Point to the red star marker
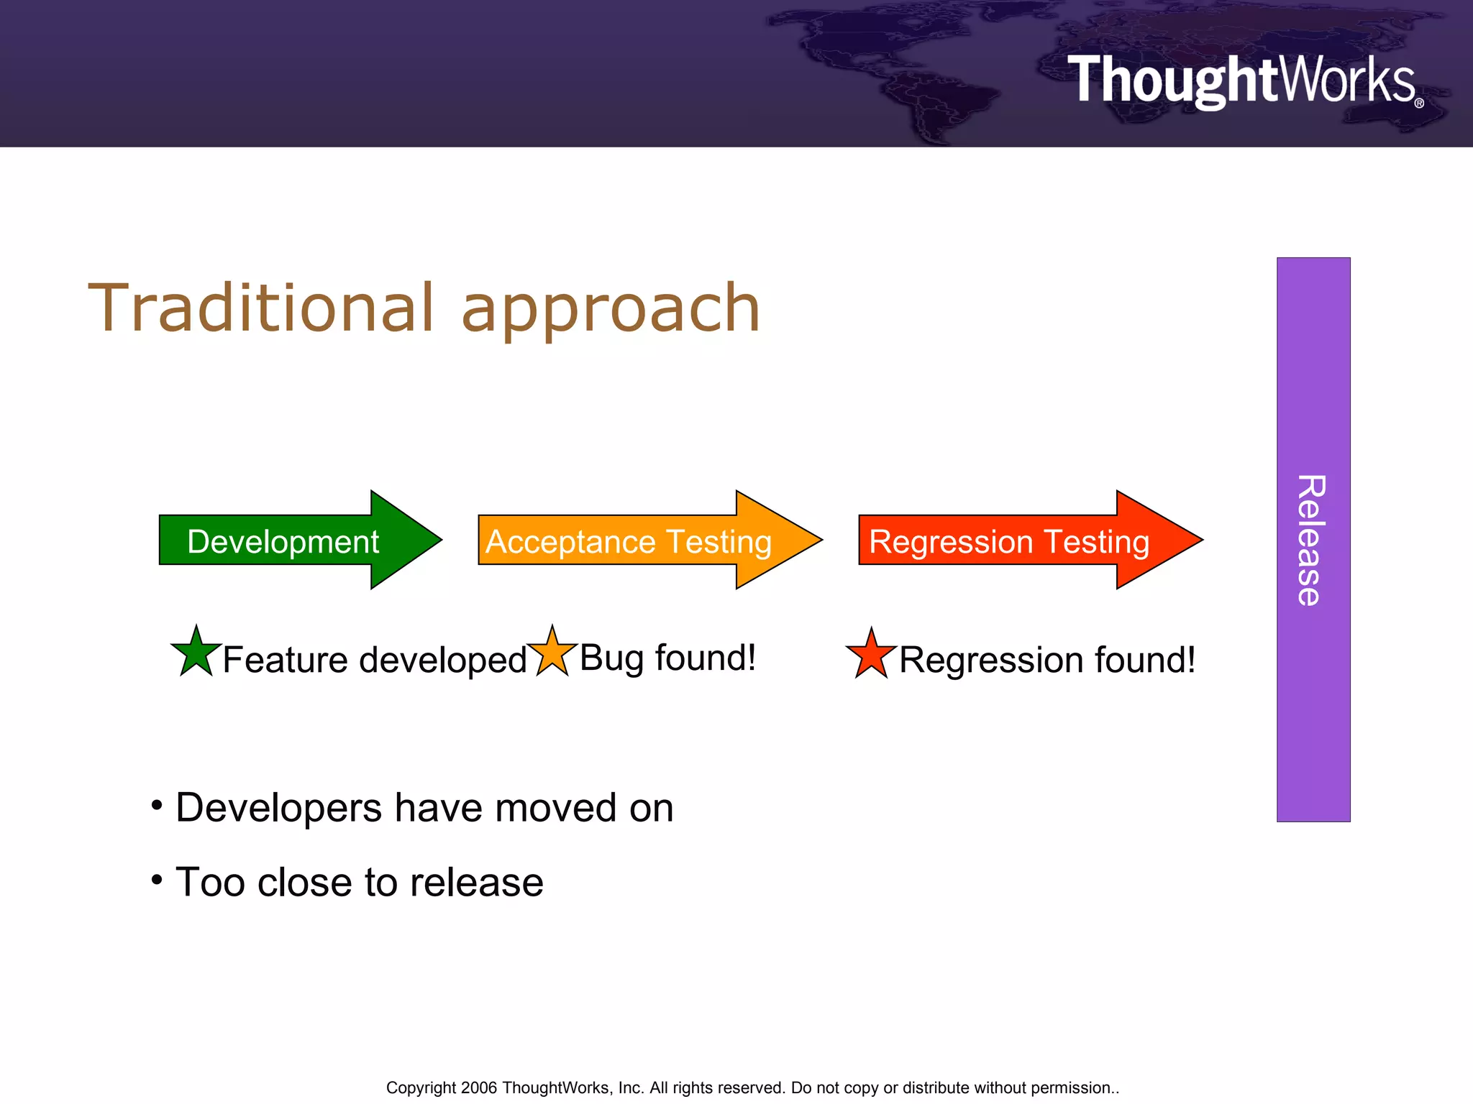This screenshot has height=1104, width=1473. click(871, 655)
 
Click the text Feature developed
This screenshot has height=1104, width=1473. click(375, 660)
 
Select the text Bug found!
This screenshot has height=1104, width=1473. click(667, 658)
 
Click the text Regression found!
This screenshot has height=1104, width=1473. click(1046, 660)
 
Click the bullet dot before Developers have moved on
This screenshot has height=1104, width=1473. click(157, 805)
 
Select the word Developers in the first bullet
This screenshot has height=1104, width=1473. click(278, 808)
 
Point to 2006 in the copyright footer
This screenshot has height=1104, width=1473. click(479, 1087)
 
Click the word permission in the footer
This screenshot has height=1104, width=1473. click(1071, 1087)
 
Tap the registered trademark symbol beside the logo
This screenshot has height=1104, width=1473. click(1419, 103)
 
